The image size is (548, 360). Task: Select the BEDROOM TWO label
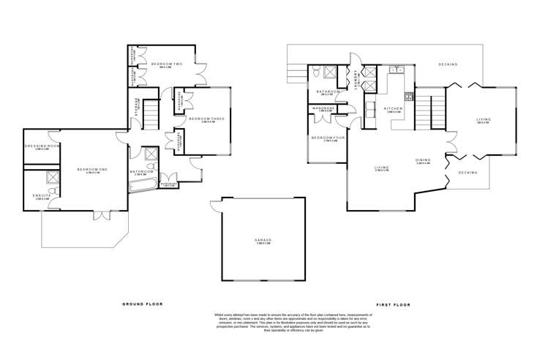tap(166, 65)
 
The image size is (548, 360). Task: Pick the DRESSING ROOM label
tap(42, 146)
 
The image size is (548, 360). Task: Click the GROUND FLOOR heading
tap(142, 303)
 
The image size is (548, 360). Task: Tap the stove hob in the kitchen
tap(409, 96)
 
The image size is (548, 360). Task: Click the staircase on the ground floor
tap(150, 113)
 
